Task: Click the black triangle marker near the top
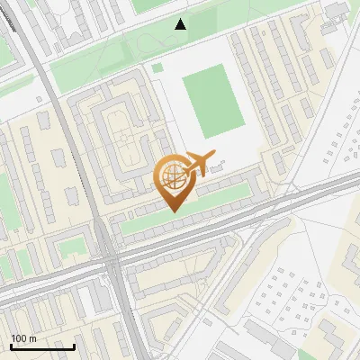coord(181,24)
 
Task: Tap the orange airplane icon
coord(204,163)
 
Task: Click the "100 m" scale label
coord(23,338)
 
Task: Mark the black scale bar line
coord(42,346)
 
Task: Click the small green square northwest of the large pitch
coord(157,67)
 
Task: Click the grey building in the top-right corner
coord(337,9)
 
